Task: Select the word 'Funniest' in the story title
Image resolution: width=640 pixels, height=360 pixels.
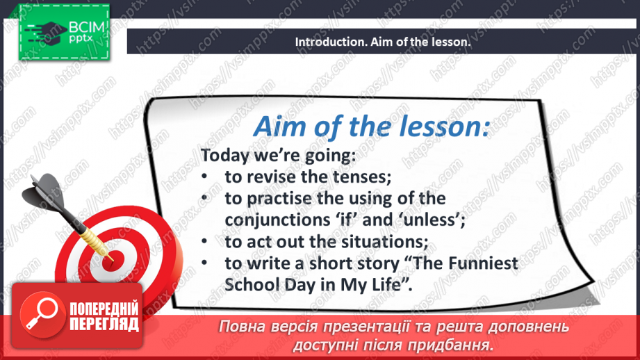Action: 483,263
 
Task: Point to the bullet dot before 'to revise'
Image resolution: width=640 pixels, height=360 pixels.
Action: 204,177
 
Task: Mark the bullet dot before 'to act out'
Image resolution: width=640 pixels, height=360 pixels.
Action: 204,241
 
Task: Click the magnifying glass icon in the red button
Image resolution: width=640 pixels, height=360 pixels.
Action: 42,313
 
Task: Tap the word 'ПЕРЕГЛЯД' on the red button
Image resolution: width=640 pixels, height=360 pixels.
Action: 104,325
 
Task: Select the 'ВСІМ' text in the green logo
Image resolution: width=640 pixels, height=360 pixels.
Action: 87,27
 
